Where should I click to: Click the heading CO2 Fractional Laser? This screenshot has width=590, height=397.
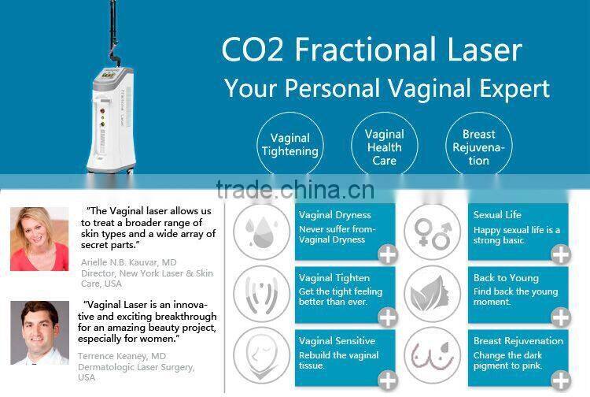coord(371,50)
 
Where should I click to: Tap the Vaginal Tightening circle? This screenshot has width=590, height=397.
coord(289,144)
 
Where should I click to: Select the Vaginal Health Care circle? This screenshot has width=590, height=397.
coord(384,147)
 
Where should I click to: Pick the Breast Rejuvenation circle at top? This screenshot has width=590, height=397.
coord(478,147)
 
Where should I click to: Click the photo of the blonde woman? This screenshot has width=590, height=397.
coord(39,239)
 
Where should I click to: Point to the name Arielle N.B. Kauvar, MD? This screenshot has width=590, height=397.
coord(127,262)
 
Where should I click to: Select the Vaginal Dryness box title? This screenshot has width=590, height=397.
coord(335,215)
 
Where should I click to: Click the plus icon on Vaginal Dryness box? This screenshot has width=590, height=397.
coord(387,253)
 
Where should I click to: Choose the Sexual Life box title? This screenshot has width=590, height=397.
coord(497,215)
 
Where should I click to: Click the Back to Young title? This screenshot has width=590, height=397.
coord(506,278)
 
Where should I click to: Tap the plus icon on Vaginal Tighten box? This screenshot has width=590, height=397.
coord(387,317)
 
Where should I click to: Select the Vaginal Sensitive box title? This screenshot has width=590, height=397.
coord(337,341)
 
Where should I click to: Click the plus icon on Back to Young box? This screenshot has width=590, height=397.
coord(560,317)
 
